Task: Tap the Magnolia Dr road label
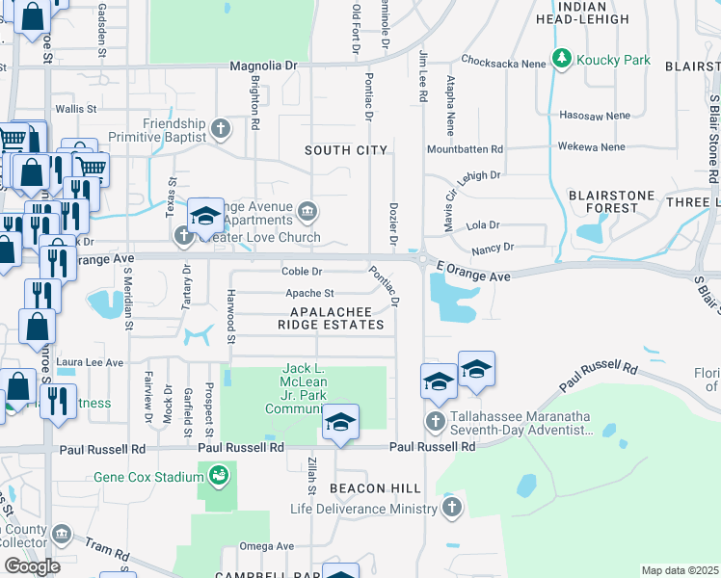[x=263, y=66]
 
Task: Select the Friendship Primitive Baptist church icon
[x=221, y=127]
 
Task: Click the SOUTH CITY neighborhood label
[x=346, y=150]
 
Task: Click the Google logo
[x=32, y=565]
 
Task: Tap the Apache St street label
[x=308, y=294]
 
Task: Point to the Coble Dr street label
[x=301, y=271]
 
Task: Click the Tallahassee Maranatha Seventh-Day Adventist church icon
[x=436, y=421]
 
